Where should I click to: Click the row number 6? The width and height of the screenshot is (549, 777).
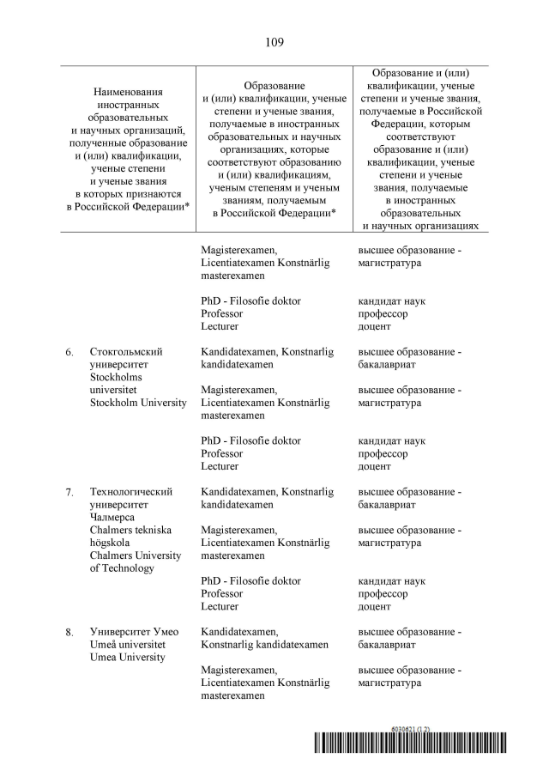click(69, 352)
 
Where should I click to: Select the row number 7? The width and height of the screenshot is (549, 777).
click(69, 492)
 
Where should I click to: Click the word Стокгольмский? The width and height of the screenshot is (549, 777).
click(126, 352)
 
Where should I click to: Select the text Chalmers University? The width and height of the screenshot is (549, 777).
click(136, 555)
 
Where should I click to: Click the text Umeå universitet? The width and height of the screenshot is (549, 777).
click(128, 645)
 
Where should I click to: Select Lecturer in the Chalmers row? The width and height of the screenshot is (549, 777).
click(220, 606)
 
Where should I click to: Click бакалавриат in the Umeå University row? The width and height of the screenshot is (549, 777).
click(388, 645)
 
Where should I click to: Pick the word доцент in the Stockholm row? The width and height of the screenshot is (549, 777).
click(374, 466)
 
